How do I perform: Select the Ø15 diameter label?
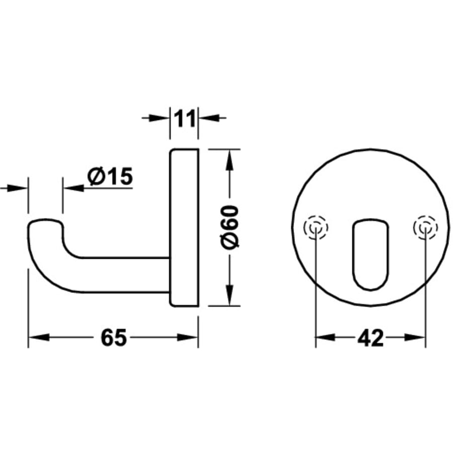pyautogui.click(x=109, y=176)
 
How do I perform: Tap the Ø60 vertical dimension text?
pyautogui.click(x=230, y=227)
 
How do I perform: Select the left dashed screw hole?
pyautogui.click(x=316, y=229)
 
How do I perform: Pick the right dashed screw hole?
pyautogui.click(x=425, y=229)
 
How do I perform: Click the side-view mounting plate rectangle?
pyautogui.click(x=184, y=228)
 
